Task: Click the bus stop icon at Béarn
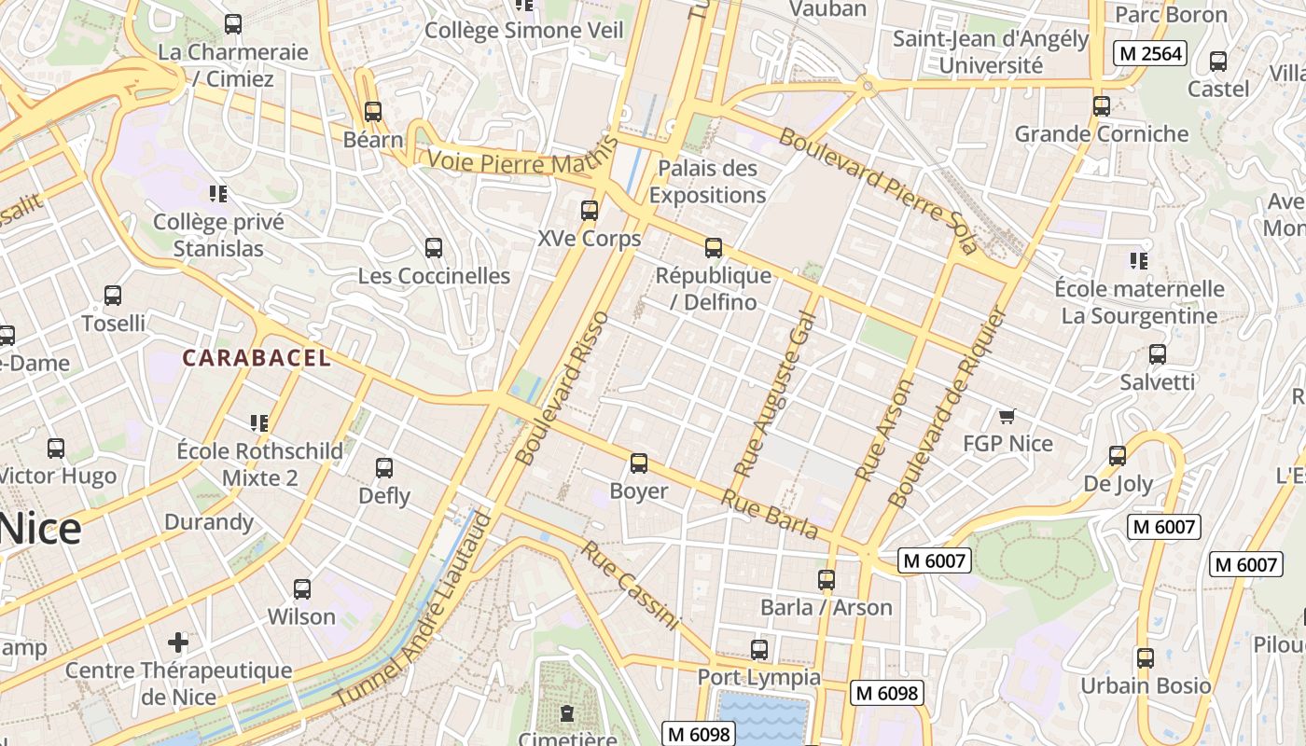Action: [373, 112]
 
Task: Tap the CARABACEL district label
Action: [256, 358]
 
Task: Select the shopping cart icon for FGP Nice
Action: [1007, 416]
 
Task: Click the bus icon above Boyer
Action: [639, 463]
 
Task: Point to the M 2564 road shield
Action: [1150, 54]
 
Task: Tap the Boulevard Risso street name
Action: [563, 388]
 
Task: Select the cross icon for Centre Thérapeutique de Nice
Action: [178, 642]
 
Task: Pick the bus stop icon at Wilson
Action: [301, 589]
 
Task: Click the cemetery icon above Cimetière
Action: [566, 713]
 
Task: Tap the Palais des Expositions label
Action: [707, 182]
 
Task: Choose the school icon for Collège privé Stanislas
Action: [218, 194]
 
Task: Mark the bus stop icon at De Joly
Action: [1118, 456]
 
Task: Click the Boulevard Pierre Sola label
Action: [878, 190]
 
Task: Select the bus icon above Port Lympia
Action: [759, 649]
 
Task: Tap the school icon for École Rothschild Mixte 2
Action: [259, 423]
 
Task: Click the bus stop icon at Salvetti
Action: [1158, 354]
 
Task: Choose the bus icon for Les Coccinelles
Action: [434, 248]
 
